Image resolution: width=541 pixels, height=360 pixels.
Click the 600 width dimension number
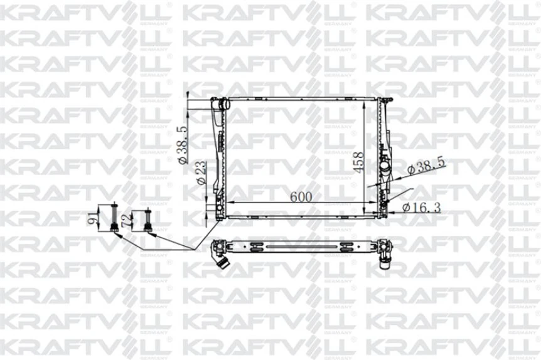301,196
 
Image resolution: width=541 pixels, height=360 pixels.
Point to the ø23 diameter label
200,172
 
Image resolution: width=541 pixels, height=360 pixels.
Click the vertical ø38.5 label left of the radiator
182,145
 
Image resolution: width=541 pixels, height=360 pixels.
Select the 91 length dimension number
93,218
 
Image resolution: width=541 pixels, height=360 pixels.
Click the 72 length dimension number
126,220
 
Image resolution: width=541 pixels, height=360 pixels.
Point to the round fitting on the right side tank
384,169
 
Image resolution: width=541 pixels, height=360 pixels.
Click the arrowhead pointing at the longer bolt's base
119,236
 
